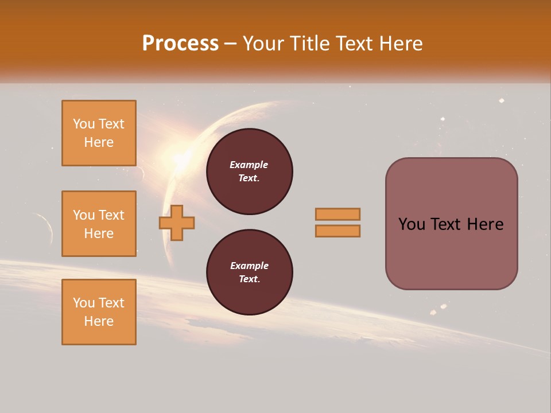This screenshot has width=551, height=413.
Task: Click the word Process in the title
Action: [180, 44]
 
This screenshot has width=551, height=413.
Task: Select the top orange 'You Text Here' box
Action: [99, 133]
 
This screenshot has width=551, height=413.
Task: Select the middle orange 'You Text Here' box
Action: [99, 224]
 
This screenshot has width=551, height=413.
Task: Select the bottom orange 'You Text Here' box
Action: [99, 312]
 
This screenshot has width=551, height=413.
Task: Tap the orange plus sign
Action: [177, 223]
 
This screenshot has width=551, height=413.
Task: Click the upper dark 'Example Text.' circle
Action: [249, 172]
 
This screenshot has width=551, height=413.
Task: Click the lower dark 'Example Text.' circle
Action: [249, 272]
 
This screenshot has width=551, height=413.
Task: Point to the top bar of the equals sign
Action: [337, 214]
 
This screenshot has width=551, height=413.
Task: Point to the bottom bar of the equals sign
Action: [337, 231]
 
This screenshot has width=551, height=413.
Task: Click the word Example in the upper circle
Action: [249, 165]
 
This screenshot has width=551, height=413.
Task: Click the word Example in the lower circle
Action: [249, 266]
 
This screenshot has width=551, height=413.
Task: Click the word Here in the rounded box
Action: [485, 224]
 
